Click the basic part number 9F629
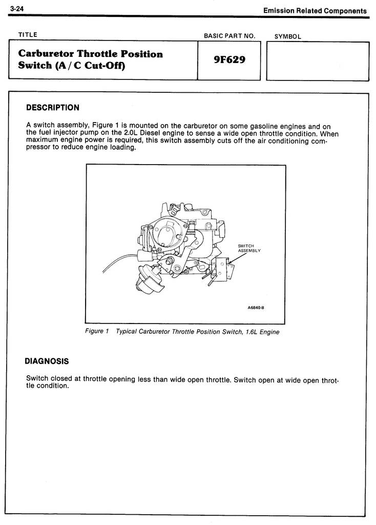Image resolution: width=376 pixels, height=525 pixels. click(x=229, y=60)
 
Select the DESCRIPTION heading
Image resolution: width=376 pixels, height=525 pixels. click(x=53, y=108)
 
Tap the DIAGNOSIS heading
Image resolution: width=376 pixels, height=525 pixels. click(x=47, y=361)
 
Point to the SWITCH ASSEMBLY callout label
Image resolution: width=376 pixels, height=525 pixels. click(x=249, y=248)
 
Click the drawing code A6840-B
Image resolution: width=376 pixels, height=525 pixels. click(x=259, y=308)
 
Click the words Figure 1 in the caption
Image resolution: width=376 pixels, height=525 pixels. click(x=97, y=331)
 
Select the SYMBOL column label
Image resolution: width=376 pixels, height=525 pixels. click(x=288, y=36)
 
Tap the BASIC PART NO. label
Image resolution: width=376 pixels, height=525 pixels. click(x=229, y=36)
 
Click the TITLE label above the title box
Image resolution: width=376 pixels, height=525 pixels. click(x=28, y=35)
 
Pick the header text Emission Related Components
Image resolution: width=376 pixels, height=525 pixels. click(x=315, y=10)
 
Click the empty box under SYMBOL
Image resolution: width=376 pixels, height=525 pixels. click(x=318, y=61)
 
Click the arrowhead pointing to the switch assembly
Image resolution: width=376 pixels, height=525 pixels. click(x=230, y=263)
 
